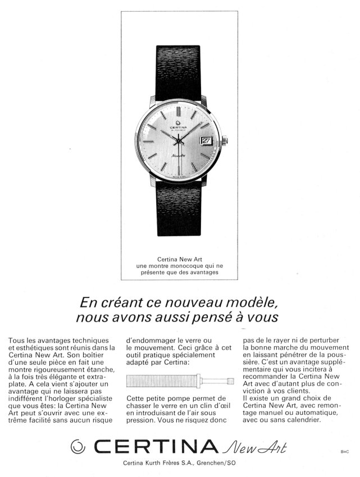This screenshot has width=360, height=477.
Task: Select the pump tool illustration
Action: click(178, 382)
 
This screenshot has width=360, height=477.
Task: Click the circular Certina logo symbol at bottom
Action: click(78, 447)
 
